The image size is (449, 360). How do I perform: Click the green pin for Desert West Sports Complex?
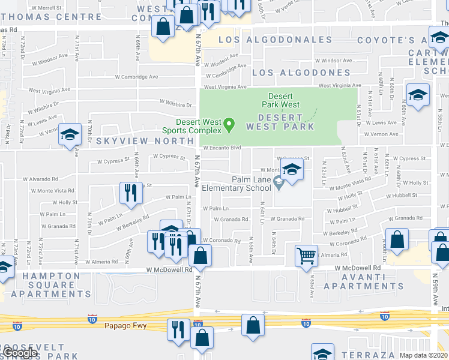coord(228,125)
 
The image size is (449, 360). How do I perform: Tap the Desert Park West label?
coord(280,100)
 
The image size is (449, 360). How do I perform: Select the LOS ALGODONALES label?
coord(275,40)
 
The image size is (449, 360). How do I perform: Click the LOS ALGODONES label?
coord(292,73)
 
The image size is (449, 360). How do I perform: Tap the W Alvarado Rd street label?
coord(41,179)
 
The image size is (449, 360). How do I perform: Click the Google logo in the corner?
coord(19,353)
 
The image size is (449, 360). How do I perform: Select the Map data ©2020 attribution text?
coord(421,356)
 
